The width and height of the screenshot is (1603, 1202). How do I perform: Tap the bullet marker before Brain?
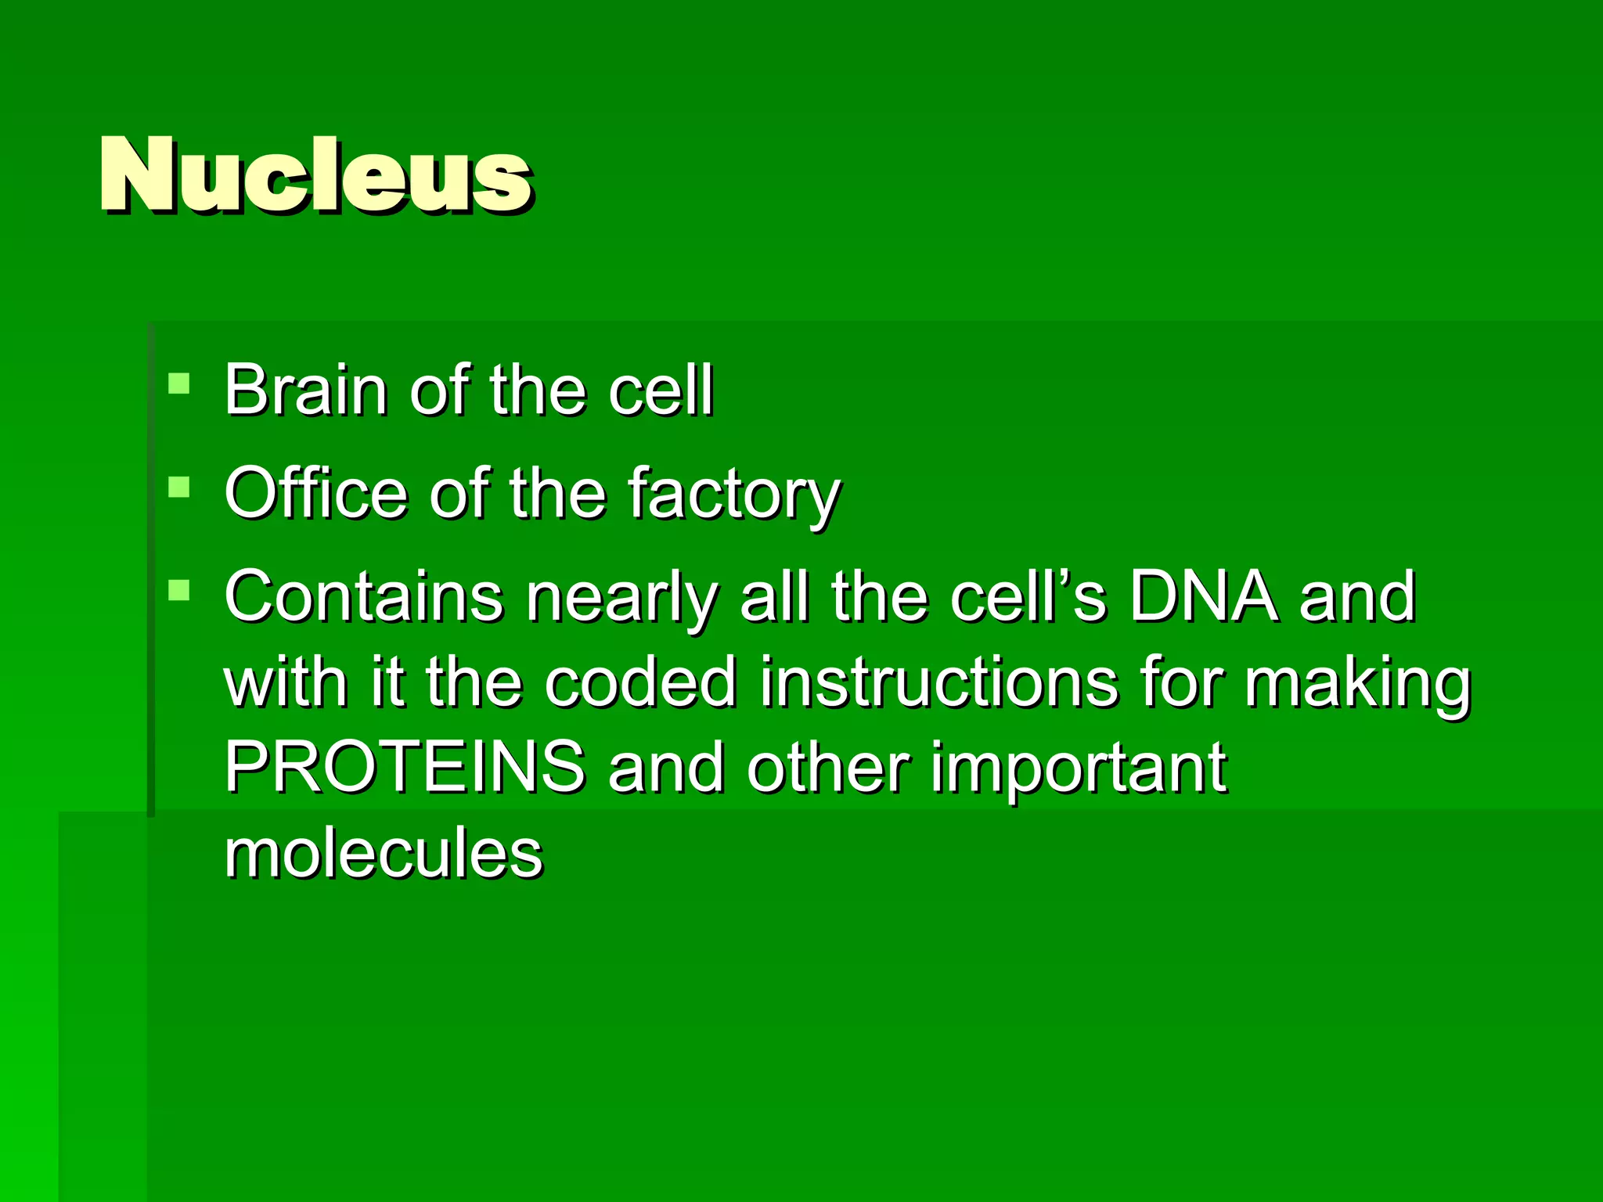(179, 384)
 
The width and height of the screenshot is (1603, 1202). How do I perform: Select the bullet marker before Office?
(179, 488)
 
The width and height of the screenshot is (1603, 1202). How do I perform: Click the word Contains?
(364, 596)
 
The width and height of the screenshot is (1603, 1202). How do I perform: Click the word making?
(1358, 685)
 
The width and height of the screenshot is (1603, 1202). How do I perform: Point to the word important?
(1078, 770)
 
